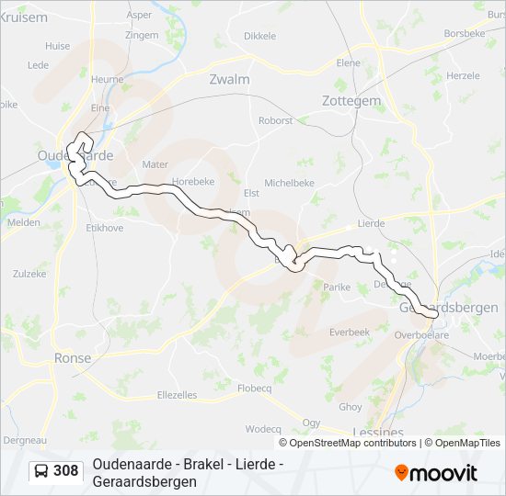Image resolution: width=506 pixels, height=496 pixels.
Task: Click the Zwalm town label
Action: click(229, 79)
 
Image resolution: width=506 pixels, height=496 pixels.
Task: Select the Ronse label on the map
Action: click(73, 358)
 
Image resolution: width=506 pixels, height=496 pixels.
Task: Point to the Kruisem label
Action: click(24, 17)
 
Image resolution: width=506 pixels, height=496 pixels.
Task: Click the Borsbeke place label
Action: click(464, 32)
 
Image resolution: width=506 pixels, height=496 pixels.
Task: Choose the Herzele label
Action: click(463, 75)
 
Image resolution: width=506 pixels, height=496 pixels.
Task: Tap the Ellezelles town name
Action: click(178, 395)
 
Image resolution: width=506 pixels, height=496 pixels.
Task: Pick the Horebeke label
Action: click(192, 182)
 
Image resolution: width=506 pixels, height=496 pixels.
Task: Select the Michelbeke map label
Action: click(290, 184)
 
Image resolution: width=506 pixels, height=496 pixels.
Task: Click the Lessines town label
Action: click(377, 432)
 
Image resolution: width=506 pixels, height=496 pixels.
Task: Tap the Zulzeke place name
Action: click(29, 274)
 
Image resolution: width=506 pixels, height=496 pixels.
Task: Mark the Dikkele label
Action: click(259, 36)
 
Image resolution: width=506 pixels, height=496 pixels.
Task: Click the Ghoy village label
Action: click(351, 407)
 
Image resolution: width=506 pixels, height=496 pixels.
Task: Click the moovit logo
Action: click(436, 473)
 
